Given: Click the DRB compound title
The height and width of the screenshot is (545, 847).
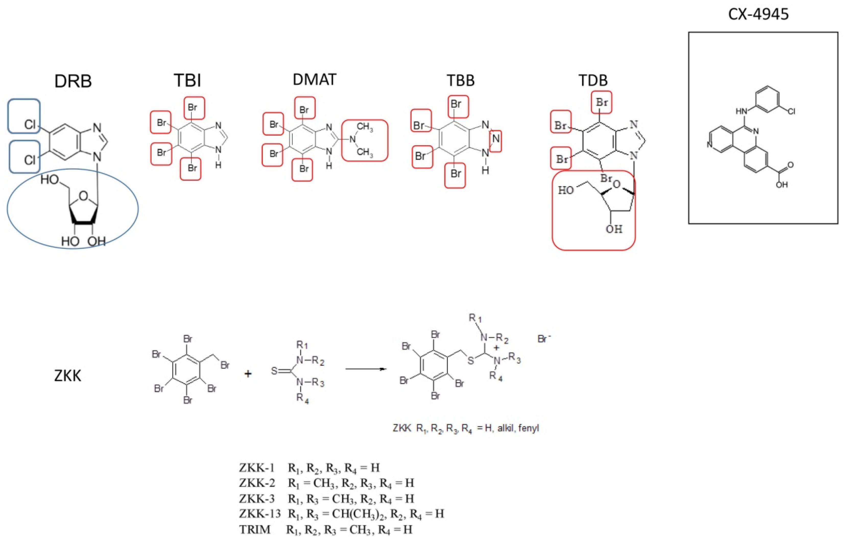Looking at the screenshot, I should coord(73,81).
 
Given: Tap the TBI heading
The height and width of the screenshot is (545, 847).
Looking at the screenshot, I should coord(187,80).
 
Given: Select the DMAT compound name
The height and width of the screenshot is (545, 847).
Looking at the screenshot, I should coord(314,79).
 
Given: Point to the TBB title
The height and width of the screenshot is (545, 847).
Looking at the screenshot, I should coord(460,80).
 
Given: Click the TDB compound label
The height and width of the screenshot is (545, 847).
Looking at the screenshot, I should coord(593,80).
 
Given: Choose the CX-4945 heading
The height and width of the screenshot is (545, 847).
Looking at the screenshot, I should coord(758,14).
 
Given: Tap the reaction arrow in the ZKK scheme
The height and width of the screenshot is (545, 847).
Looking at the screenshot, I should coord(366,369).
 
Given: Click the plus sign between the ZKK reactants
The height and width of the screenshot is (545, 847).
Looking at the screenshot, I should coord(248,374).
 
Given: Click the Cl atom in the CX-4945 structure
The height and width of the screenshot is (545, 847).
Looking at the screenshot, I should coord(791,112).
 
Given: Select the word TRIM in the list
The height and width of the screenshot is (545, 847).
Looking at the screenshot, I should coord(255,529).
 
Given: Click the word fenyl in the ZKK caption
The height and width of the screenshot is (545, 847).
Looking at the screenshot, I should coord(528,428).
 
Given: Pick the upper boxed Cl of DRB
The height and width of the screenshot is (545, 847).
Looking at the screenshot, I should coord(30,124).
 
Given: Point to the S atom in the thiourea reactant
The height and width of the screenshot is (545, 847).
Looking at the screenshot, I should coord(274,371).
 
